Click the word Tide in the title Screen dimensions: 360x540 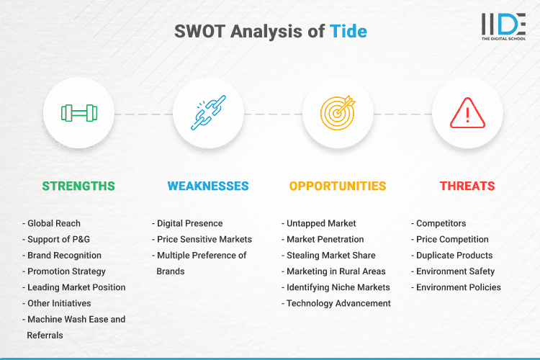[x=348, y=32]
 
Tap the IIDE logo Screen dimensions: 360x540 [x=503, y=26]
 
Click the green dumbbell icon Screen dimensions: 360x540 [x=78, y=113]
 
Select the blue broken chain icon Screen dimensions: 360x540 [x=208, y=113]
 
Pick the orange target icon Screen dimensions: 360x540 [x=338, y=113]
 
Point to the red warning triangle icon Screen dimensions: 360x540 [x=467, y=113]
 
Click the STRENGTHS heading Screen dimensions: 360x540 [x=78, y=186]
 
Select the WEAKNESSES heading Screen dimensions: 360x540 [x=208, y=186]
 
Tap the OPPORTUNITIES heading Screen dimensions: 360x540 [x=338, y=186]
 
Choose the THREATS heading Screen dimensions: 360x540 [x=467, y=186]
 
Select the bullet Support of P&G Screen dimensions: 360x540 [x=58, y=239]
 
